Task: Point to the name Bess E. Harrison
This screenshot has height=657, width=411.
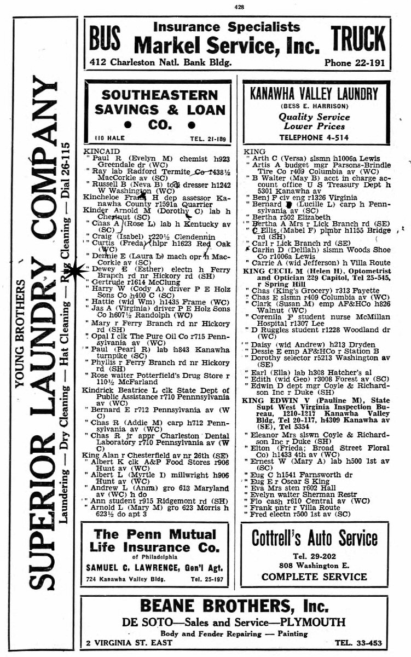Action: coord(314,106)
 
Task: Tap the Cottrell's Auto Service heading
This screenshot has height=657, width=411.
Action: coord(314,539)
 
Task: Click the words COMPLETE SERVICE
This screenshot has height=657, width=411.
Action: coord(314,577)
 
